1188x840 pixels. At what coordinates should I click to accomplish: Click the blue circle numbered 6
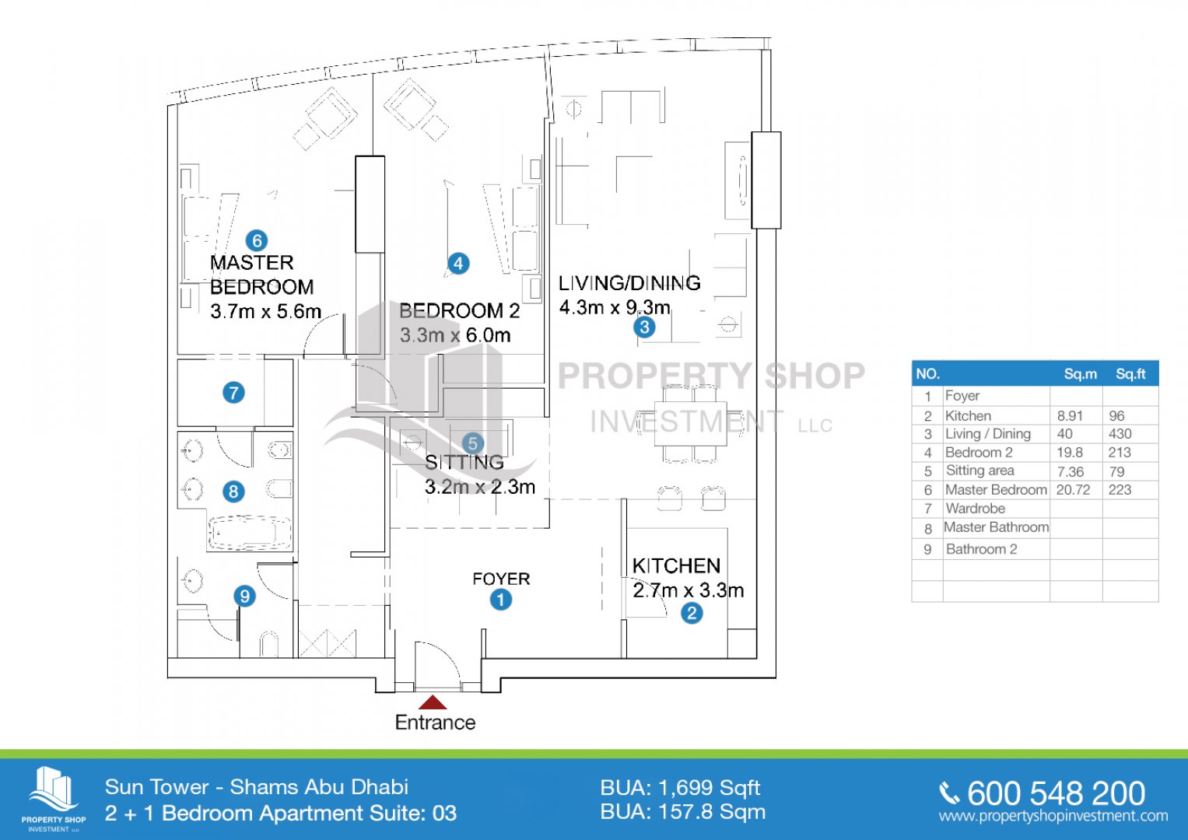pos(257,241)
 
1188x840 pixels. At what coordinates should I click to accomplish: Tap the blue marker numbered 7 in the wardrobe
pos(233,393)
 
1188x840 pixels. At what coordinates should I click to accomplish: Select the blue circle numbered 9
pos(244,596)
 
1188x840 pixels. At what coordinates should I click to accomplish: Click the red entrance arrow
pos(433,702)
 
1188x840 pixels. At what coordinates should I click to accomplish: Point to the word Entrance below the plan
pos(436,723)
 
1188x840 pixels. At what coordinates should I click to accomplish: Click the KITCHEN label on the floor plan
pos(676,566)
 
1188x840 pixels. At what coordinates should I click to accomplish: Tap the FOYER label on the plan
pos(501,579)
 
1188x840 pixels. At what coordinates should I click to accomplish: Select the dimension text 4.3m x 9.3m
pos(615,307)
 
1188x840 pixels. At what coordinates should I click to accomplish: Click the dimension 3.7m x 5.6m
pos(266,311)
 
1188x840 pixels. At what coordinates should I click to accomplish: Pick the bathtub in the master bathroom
pos(249,533)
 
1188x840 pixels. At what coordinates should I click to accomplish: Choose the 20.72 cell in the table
pos(1073,489)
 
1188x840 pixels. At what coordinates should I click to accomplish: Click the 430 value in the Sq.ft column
pos(1120,434)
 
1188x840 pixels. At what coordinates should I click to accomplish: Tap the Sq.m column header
pos(1081,374)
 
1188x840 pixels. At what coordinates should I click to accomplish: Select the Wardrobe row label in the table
pos(976,509)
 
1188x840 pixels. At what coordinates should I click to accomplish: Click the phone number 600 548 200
pos(1056,793)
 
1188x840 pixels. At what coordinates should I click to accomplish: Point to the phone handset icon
pos(949,794)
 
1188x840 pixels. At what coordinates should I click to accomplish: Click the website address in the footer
pos(1053,816)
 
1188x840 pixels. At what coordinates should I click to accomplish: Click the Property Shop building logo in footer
pos(54,789)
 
